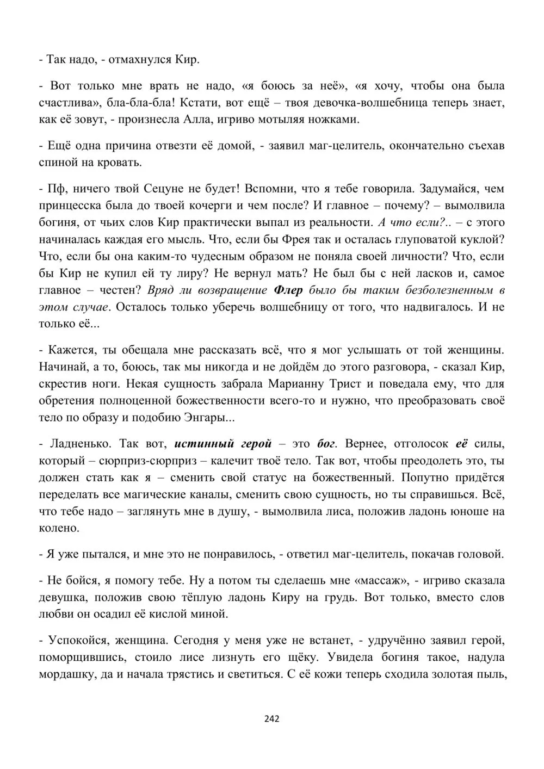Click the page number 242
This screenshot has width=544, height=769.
pos(271,718)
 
